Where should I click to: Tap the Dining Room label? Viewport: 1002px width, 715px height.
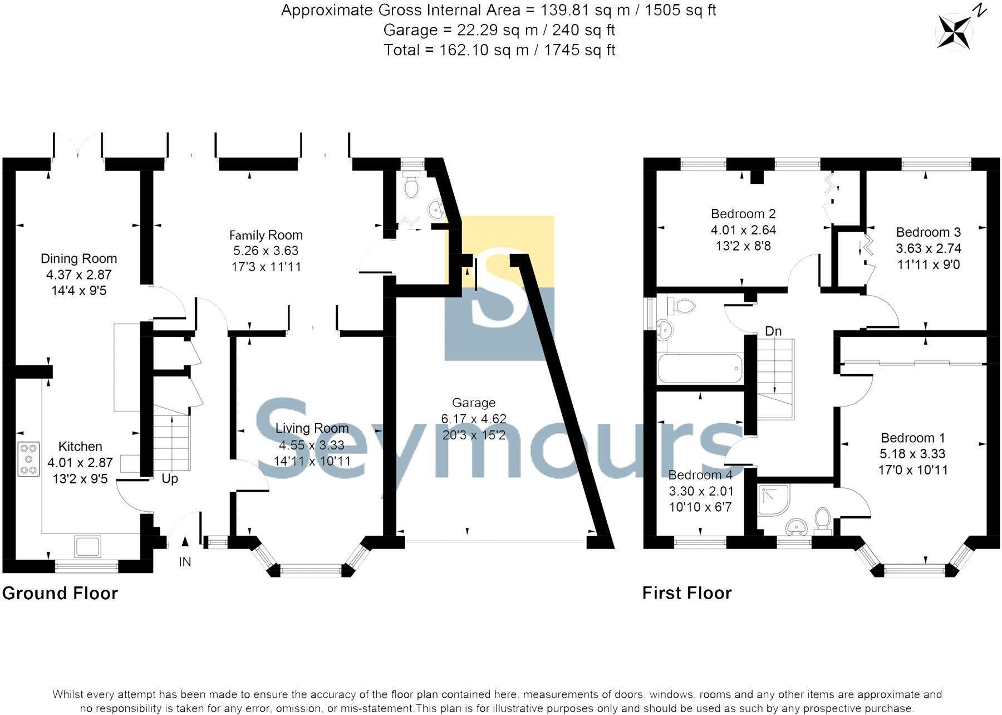point(78,258)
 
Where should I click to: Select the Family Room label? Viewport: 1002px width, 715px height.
point(266,235)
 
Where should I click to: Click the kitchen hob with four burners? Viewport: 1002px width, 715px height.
point(29,459)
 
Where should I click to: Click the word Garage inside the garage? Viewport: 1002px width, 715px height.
point(473,403)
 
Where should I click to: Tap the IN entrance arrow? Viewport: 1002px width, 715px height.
point(185,541)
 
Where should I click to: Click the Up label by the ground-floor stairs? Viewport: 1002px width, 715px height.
point(170,479)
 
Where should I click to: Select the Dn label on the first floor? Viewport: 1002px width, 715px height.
point(773,331)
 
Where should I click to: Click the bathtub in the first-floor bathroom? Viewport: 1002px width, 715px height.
point(700,368)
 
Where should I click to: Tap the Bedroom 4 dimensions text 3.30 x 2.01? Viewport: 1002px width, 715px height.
point(701,491)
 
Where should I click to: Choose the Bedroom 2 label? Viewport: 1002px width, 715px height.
point(743,214)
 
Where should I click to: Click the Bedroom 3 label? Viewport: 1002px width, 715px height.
point(928,232)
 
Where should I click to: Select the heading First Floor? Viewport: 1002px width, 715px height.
point(686,593)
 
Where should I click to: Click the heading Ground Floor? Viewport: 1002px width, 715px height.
point(60,593)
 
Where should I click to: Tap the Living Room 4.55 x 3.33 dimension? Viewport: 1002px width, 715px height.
point(312,445)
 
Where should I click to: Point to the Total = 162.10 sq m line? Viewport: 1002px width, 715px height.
point(499,50)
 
